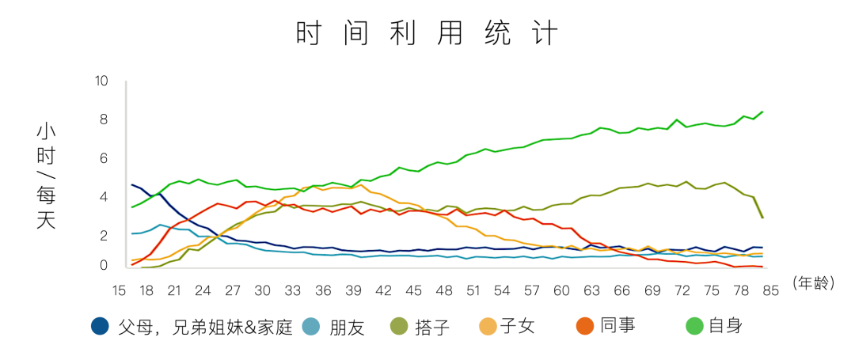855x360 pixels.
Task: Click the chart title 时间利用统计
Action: [427, 33]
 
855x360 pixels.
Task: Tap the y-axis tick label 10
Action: [101, 81]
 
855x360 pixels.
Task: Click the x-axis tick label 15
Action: [119, 290]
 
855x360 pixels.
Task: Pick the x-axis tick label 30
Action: [262, 290]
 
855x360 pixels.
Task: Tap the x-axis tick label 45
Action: [413, 290]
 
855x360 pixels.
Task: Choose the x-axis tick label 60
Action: [561, 290]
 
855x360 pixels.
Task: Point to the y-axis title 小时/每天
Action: [46, 176]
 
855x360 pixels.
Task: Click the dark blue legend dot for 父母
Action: [101, 326]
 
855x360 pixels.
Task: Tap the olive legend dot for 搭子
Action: [399, 326]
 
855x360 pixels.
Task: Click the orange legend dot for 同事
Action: [585, 326]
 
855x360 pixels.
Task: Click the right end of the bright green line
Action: [762, 112]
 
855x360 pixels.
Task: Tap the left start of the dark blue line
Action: [132, 185]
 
